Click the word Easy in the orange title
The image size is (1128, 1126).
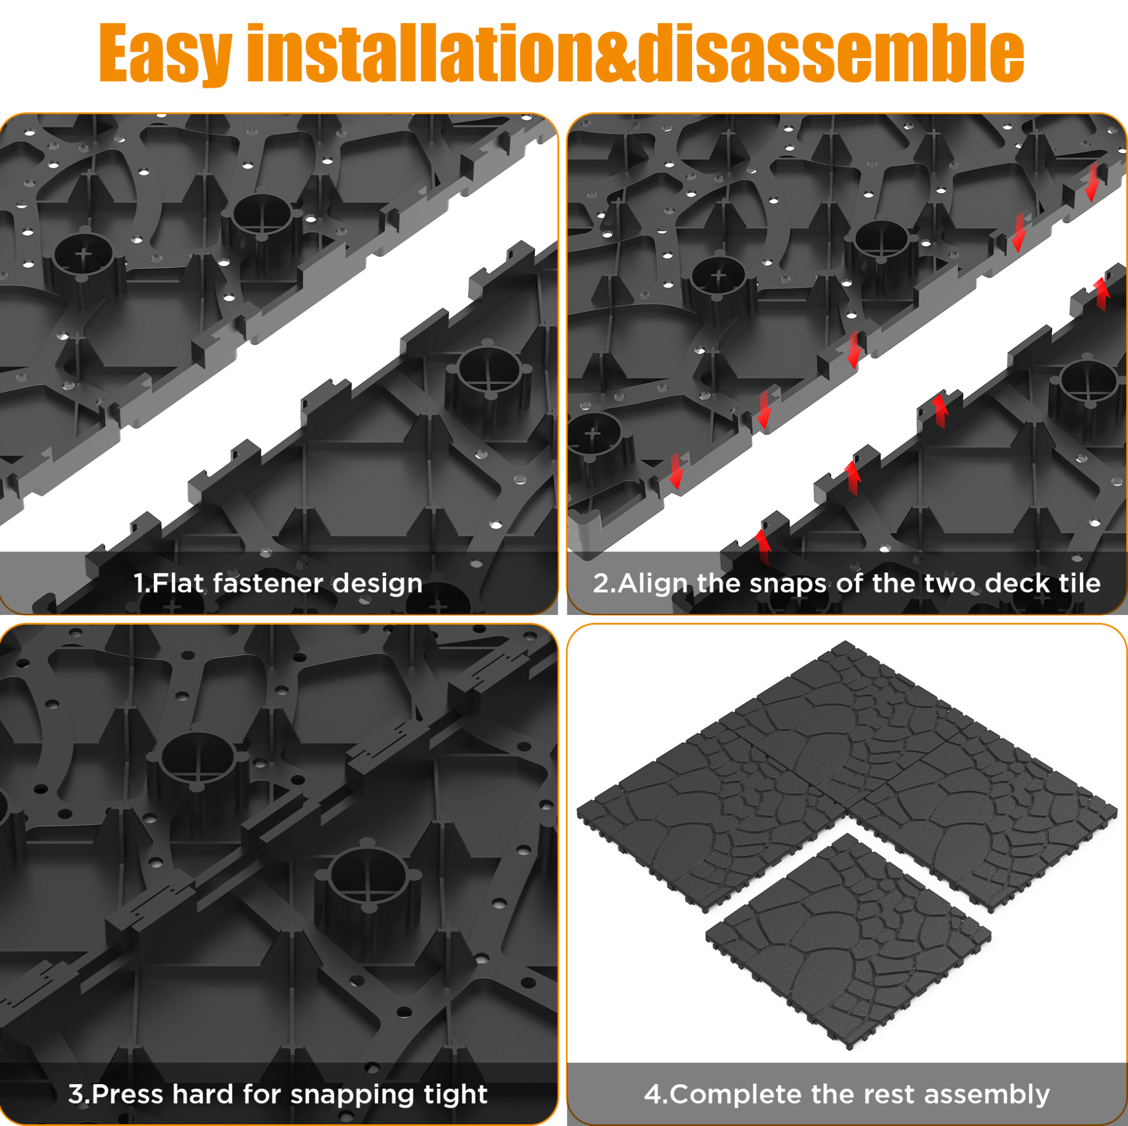click(166, 54)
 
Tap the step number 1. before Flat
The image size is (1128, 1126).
click(142, 583)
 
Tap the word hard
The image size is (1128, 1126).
click(203, 1094)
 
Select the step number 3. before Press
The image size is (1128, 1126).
click(79, 1094)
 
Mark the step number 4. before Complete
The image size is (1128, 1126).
click(656, 1094)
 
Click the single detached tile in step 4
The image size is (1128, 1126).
click(849, 941)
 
